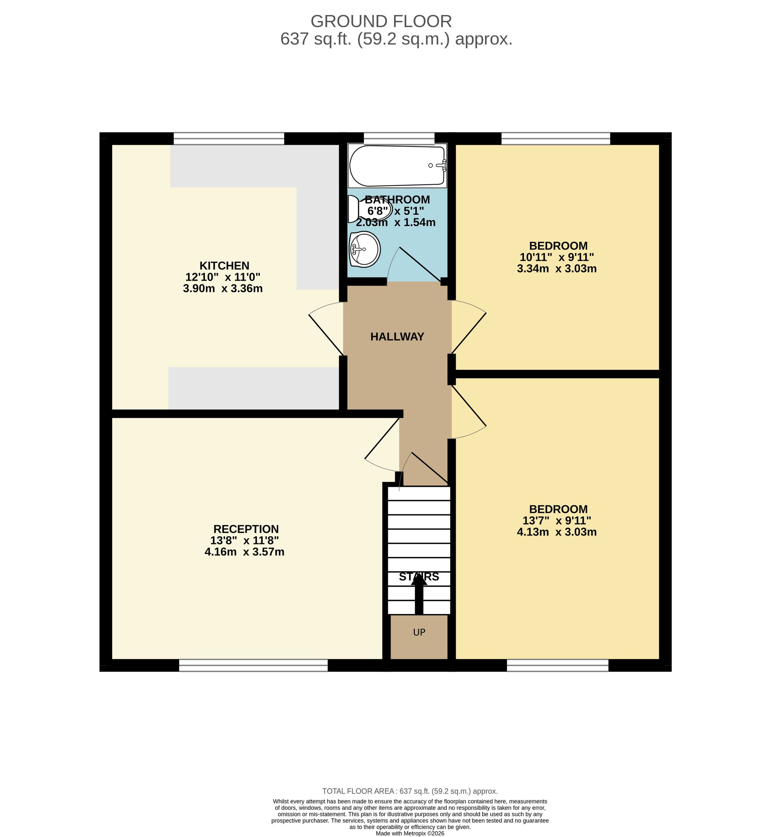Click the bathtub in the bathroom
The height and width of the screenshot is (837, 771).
397,166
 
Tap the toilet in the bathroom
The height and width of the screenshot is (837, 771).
370,209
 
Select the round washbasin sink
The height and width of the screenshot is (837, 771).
365,249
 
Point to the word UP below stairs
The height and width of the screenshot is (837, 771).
419,633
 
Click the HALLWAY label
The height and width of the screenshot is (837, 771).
397,337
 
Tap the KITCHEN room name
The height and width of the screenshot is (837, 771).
224,266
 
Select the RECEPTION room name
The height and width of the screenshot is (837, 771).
246,529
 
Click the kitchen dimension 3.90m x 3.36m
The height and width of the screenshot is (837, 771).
223,288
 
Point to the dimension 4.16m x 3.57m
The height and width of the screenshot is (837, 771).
244,552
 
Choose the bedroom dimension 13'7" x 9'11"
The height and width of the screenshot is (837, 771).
557,521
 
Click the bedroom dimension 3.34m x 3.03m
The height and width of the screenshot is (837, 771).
557,269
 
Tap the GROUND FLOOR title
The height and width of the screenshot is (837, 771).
381,21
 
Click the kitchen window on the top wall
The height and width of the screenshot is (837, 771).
229,138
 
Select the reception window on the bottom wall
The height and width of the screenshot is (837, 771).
253,665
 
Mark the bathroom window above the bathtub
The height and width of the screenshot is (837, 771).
399,138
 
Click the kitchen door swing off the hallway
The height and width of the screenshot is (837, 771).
326,328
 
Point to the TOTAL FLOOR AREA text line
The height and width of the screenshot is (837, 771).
410,791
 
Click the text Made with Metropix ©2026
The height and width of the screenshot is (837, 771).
410,833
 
